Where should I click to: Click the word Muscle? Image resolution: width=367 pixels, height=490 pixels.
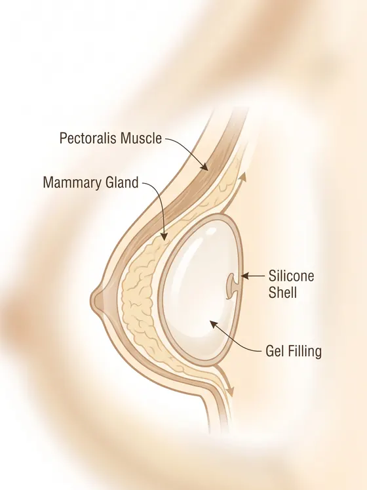pos(141,138)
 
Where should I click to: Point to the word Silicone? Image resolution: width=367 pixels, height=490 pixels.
pos(291,276)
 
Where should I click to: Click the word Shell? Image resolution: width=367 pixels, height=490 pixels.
pos(282,293)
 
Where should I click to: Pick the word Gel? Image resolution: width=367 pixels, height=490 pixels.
pos(274,351)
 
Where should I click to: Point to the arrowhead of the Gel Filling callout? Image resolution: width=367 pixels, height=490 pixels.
pos(214,324)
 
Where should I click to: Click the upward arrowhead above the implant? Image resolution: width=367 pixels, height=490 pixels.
pos(242,178)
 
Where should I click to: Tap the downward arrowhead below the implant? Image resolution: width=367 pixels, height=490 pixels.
pos(231,392)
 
